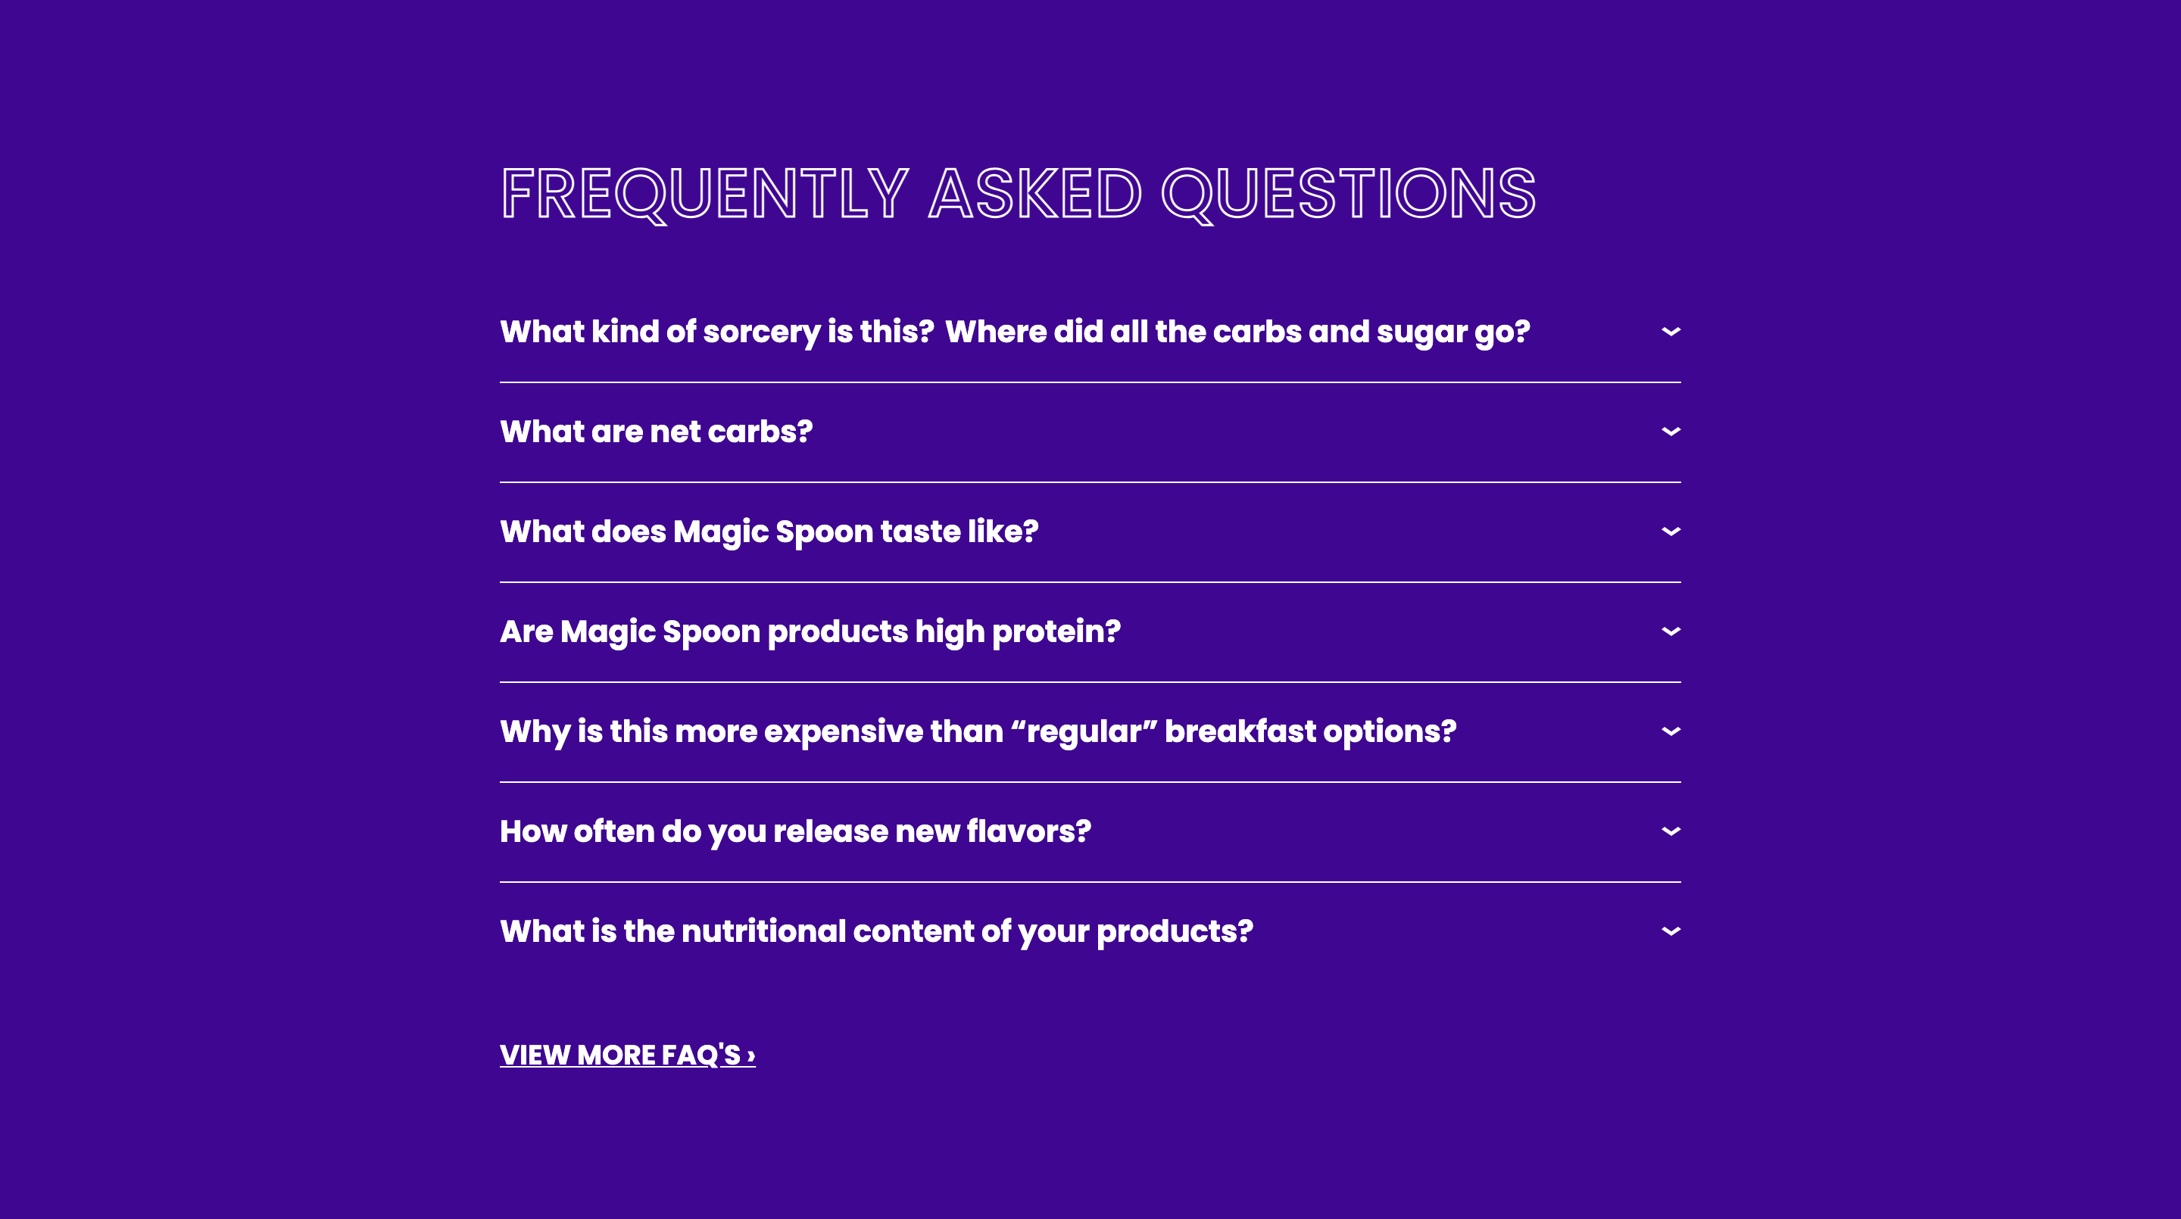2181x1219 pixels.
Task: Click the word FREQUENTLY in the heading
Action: click(x=704, y=194)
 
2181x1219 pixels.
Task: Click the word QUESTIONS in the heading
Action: click(x=1348, y=194)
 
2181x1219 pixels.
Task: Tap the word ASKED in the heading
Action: click(x=1034, y=194)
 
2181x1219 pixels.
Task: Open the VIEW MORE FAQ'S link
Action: click(x=627, y=1055)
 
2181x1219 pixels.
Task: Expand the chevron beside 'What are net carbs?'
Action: click(x=1671, y=432)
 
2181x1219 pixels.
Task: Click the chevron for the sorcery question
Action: click(x=1671, y=332)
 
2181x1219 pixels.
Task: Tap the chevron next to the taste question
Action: click(x=1671, y=532)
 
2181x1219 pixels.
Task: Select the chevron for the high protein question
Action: click(x=1671, y=631)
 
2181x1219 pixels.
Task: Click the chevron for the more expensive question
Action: click(x=1671, y=731)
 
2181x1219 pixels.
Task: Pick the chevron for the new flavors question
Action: click(x=1671, y=831)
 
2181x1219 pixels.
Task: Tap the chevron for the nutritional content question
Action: click(x=1671, y=931)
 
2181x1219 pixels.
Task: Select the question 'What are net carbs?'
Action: click(x=656, y=432)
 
